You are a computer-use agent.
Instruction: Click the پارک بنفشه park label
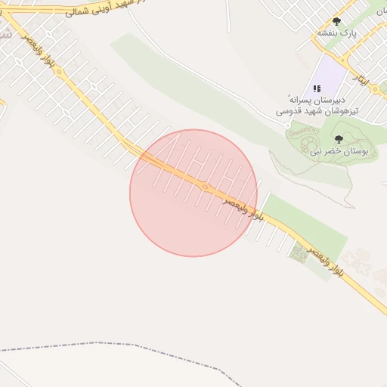336,33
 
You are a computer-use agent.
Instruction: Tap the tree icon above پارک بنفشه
336,21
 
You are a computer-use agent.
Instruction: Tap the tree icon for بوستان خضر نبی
339,139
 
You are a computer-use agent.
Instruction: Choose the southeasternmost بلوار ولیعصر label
325,259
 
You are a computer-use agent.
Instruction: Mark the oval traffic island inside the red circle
204,186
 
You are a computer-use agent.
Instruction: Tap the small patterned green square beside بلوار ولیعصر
299,254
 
